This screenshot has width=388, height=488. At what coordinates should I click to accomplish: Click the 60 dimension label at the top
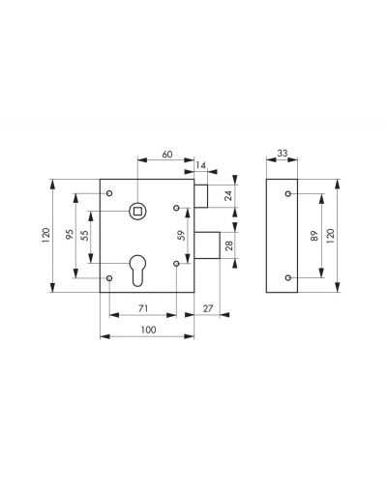point(167,155)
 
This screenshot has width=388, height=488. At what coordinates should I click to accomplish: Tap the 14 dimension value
point(200,165)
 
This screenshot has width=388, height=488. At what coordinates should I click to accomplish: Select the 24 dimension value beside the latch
point(228,195)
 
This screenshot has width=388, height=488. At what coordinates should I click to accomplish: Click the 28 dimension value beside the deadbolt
point(228,245)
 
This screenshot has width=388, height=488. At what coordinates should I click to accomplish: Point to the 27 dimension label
point(208,308)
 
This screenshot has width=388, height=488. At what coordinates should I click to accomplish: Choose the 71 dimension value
point(143,308)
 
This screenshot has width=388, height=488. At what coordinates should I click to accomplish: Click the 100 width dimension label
point(148,330)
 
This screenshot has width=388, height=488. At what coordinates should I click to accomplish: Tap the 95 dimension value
point(70,234)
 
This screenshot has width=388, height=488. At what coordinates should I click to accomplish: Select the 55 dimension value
point(85,236)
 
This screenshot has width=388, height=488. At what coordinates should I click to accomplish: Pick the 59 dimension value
point(181,236)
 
